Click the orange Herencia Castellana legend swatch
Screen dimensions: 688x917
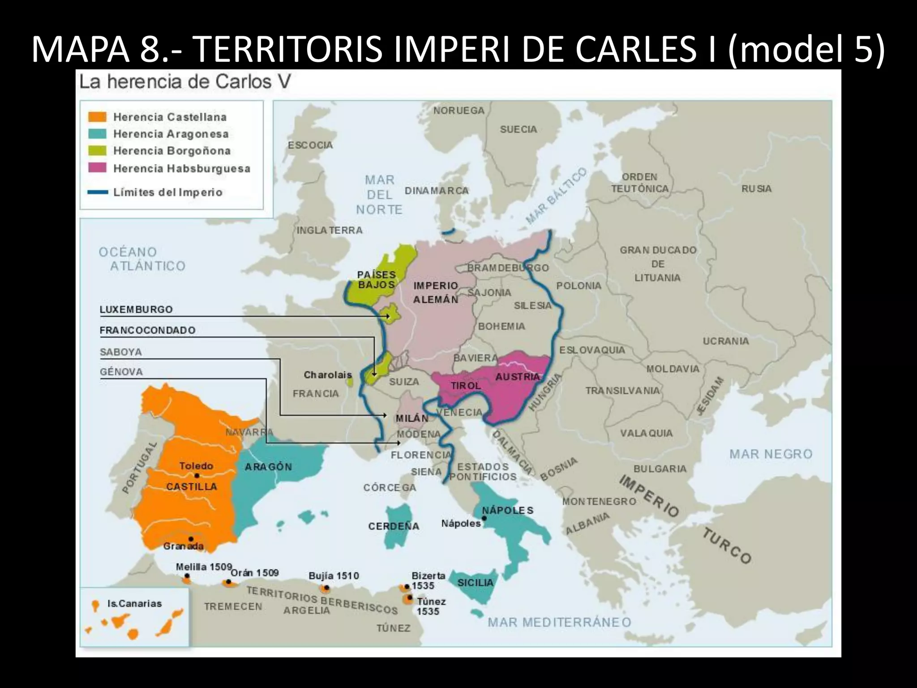pos(97,117)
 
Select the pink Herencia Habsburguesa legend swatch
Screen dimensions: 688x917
pos(97,168)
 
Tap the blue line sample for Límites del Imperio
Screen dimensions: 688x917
pos(97,192)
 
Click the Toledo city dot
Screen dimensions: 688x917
pos(197,475)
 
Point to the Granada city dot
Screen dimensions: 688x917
pos(191,539)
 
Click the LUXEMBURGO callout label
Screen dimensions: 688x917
pos(136,310)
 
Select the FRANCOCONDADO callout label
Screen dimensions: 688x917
pos(147,331)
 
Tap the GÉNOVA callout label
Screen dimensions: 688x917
pos(121,372)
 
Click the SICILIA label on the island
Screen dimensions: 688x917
pos(475,583)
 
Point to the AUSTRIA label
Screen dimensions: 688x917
pos(517,377)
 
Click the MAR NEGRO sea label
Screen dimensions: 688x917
pos(771,454)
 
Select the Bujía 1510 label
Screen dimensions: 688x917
pos(334,576)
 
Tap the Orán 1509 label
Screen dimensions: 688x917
pos(254,572)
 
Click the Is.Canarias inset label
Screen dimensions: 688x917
pos(134,603)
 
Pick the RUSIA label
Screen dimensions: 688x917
pos(756,189)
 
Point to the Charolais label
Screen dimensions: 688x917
pos(327,375)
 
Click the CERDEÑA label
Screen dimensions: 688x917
pos(394,526)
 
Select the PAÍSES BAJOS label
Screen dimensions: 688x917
pos(376,279)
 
